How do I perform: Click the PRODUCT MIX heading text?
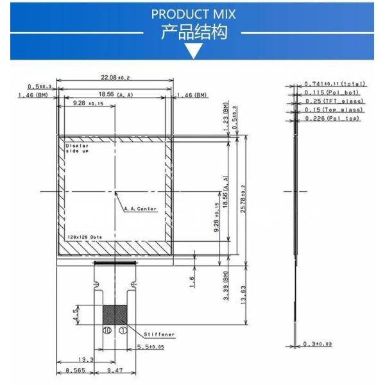(193, 14)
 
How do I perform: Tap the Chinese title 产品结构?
(193, 32)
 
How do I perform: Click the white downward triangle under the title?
(193, 51)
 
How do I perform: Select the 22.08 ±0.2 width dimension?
(116, 78)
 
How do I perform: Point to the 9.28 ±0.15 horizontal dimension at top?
(87, 103)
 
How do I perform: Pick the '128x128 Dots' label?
(86, 237)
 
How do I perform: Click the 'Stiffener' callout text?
(159, 334)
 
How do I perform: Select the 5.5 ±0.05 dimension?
(151, 347)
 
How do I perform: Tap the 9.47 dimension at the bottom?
(116, 371)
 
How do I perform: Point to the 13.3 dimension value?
(85, 359)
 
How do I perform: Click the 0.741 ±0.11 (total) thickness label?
(334, 84)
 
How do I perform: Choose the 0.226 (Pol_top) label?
(333, 119)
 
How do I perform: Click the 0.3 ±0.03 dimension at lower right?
(318, 345)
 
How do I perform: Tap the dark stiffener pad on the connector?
(116, 315)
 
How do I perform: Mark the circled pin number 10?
(108, 330)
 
